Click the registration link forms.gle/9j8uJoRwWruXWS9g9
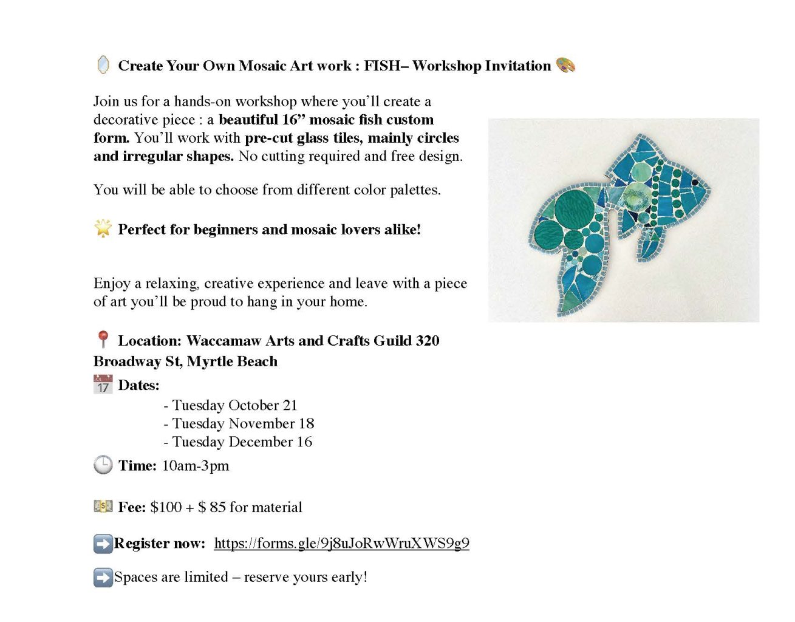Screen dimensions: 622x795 341,543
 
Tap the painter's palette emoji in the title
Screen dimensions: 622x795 565,65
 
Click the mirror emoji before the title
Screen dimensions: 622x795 103,65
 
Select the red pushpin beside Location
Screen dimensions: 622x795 103,340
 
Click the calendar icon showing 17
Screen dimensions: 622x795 103,384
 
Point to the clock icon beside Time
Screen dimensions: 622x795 103,465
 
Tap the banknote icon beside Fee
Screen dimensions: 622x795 103,506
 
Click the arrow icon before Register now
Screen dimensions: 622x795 103,544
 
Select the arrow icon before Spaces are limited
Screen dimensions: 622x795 103,577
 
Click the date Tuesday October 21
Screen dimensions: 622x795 234,405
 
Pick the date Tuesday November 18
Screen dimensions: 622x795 243,423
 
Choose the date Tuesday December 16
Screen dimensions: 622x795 242,442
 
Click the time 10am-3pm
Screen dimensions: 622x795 196,466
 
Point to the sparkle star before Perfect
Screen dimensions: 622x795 103,228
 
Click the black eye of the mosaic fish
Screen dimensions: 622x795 695,182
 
